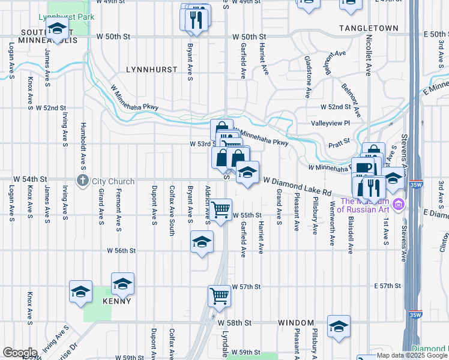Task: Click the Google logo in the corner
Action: click(20, 353)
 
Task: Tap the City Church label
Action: click(110, 180)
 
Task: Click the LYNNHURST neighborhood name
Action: click(152, 70)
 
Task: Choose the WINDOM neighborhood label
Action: click(297, 323)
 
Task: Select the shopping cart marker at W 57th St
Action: click(219, 295)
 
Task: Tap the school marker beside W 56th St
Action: click(202, 242)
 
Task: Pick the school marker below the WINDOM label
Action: click(339, 327)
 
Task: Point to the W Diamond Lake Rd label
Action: click(297, 186)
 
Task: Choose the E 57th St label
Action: click(391, 287)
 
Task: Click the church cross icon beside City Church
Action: click(82, 180)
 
